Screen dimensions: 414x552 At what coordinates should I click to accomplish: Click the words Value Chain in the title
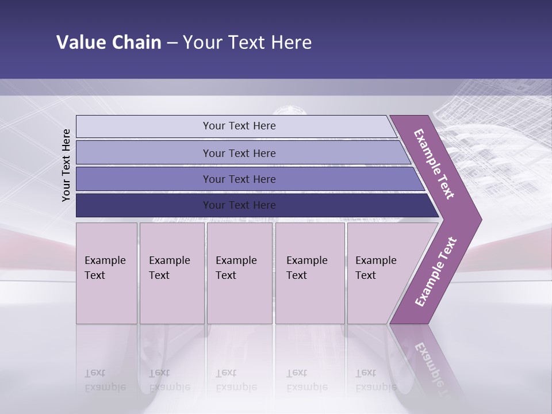[x=109, y=43]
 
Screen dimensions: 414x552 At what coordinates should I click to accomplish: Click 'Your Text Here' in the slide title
[x=247, y=43]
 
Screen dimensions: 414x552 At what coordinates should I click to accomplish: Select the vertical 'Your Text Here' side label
[x=66, y=165]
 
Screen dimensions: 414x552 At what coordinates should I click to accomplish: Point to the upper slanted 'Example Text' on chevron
[x=434, y=164]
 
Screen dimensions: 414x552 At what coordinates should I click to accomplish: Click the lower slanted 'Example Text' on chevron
[x=435, y=272]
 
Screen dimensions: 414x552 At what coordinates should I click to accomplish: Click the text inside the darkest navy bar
[x=239, y=205]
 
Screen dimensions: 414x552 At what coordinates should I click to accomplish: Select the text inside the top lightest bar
[x=239, y=126]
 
